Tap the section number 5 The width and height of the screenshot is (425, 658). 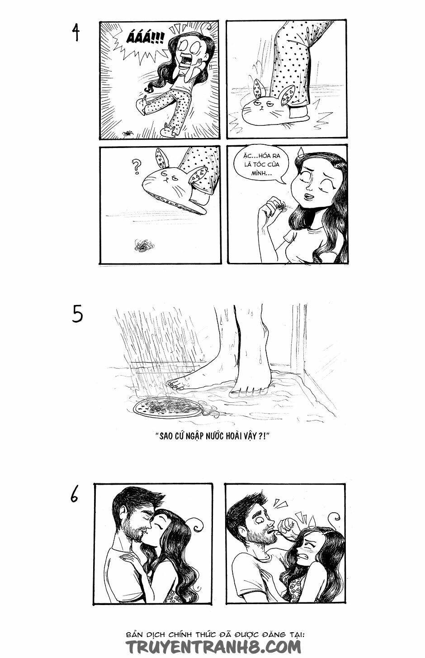77,315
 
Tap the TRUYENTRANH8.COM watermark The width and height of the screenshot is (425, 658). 212,645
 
